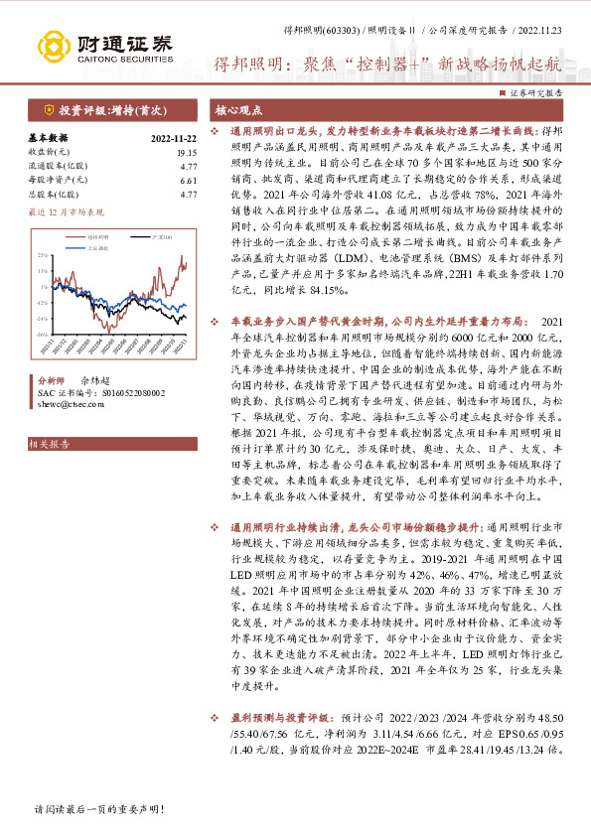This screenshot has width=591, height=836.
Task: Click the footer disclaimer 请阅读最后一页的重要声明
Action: pyautogui.click(x=83, y=810)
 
